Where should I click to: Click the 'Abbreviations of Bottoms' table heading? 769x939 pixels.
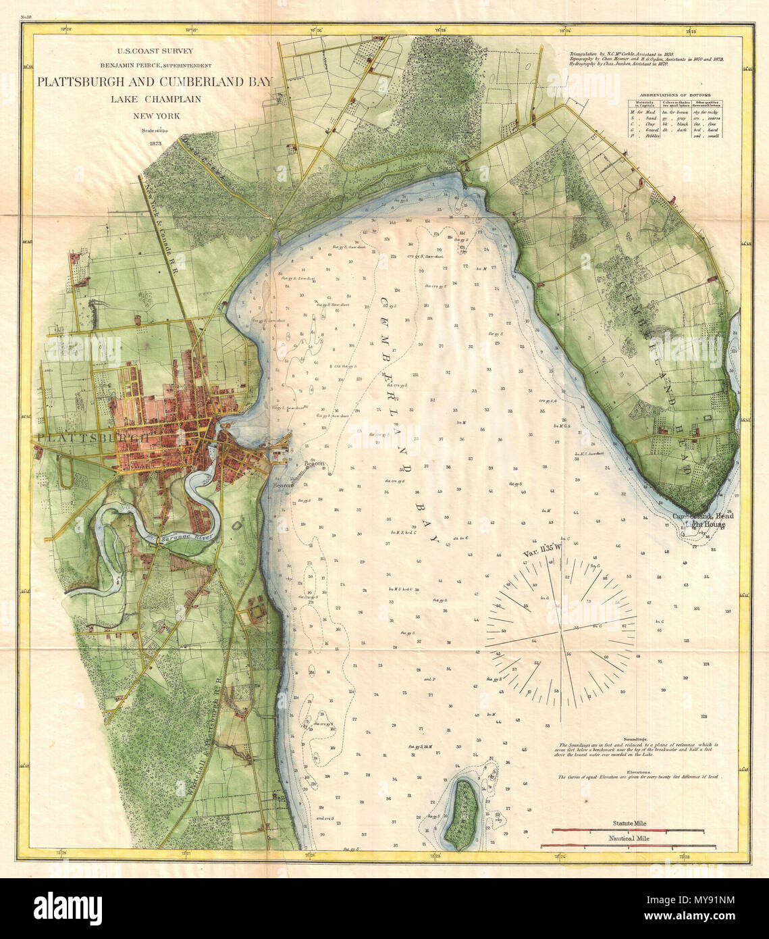pos(676,96)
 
